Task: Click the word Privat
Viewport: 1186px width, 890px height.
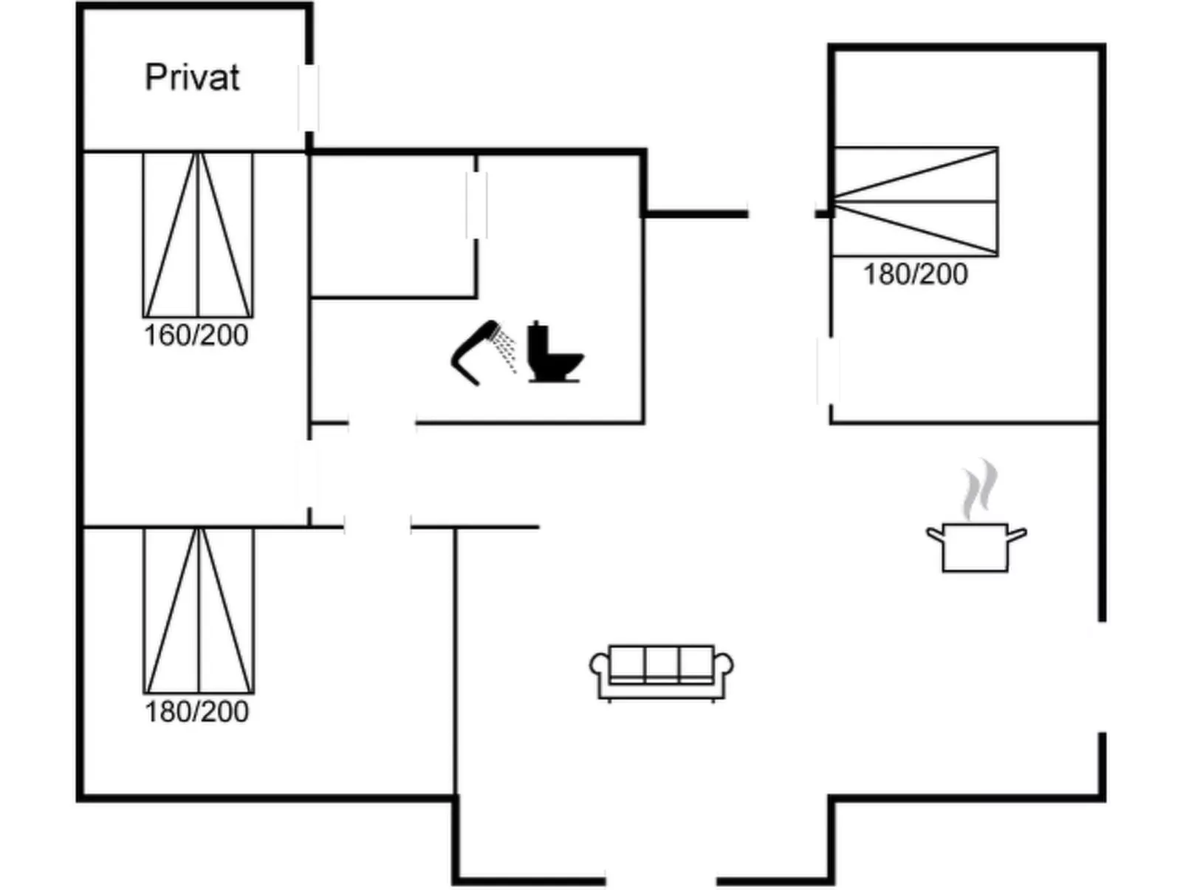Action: (192, 78)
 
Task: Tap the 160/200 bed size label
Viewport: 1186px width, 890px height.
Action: (196, 335)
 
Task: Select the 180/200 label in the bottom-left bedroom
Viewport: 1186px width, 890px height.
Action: (196, 712)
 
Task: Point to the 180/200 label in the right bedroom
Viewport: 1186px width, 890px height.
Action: (915, 275)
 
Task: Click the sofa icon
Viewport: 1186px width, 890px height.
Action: (661, 672)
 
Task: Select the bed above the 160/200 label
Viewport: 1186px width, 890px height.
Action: (198, 235)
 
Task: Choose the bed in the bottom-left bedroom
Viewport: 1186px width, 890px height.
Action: (199, 611)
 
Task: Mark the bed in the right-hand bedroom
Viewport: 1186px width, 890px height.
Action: (915, 202)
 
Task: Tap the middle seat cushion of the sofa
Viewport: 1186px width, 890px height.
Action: (661, 663)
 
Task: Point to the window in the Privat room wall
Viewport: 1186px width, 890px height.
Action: (309, 98)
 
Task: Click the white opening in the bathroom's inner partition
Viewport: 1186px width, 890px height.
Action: (476, 205)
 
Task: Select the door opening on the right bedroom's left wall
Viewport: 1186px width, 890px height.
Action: (829, 371)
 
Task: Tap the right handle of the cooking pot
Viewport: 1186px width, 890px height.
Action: (1018, 534)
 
